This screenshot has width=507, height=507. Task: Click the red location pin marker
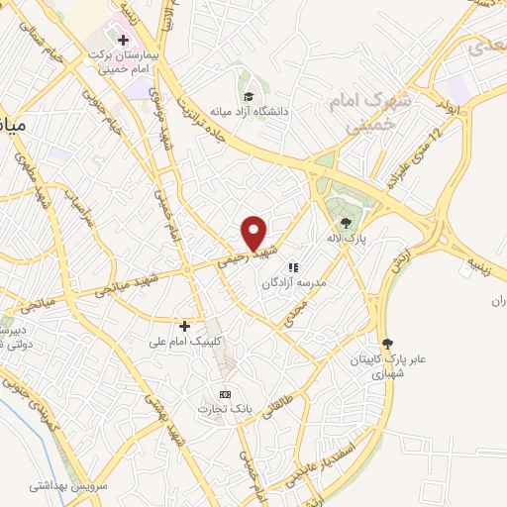click(254, 233)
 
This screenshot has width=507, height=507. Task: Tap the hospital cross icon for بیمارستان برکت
click(123, 41)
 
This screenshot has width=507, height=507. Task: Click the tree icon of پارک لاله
click(344, 221)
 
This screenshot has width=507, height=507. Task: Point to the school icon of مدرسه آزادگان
click(292, 267)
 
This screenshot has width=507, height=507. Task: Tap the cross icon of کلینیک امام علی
click(184, 325)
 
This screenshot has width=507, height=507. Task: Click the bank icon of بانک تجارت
click(225, 394)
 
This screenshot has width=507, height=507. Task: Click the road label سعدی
click(486, 46)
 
